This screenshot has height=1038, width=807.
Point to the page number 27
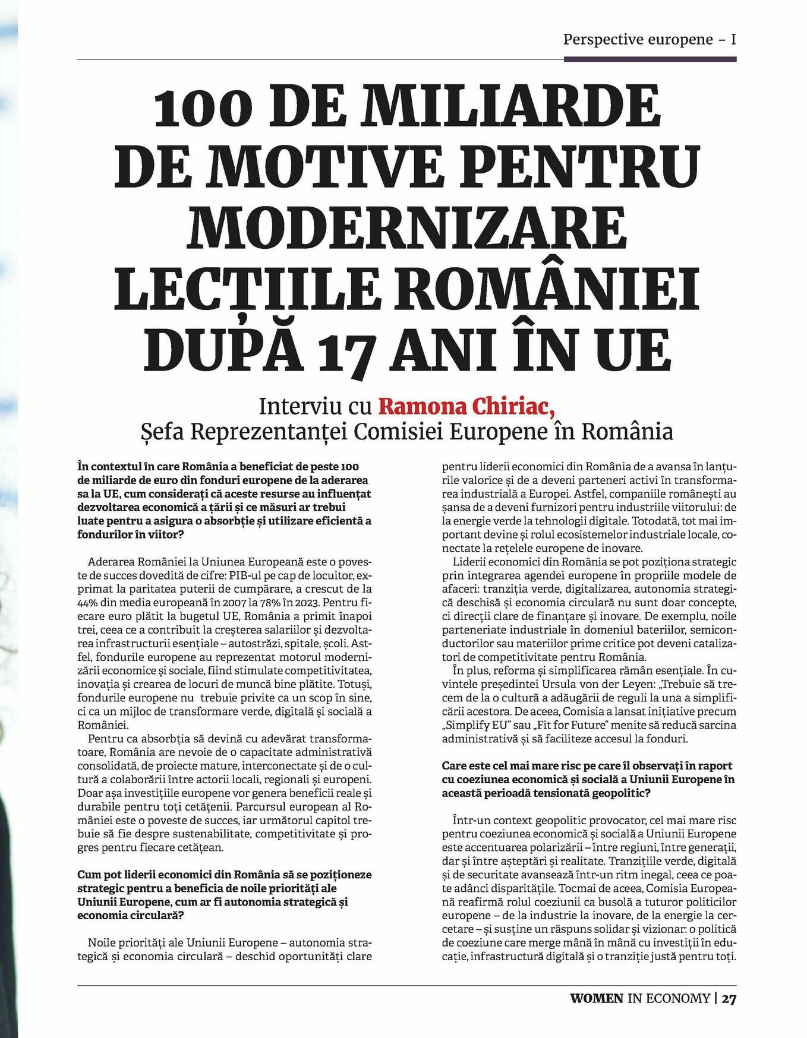(729, 998)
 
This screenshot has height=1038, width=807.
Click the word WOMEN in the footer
(597, 998)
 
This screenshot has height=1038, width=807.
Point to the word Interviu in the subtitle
(300, 407)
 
